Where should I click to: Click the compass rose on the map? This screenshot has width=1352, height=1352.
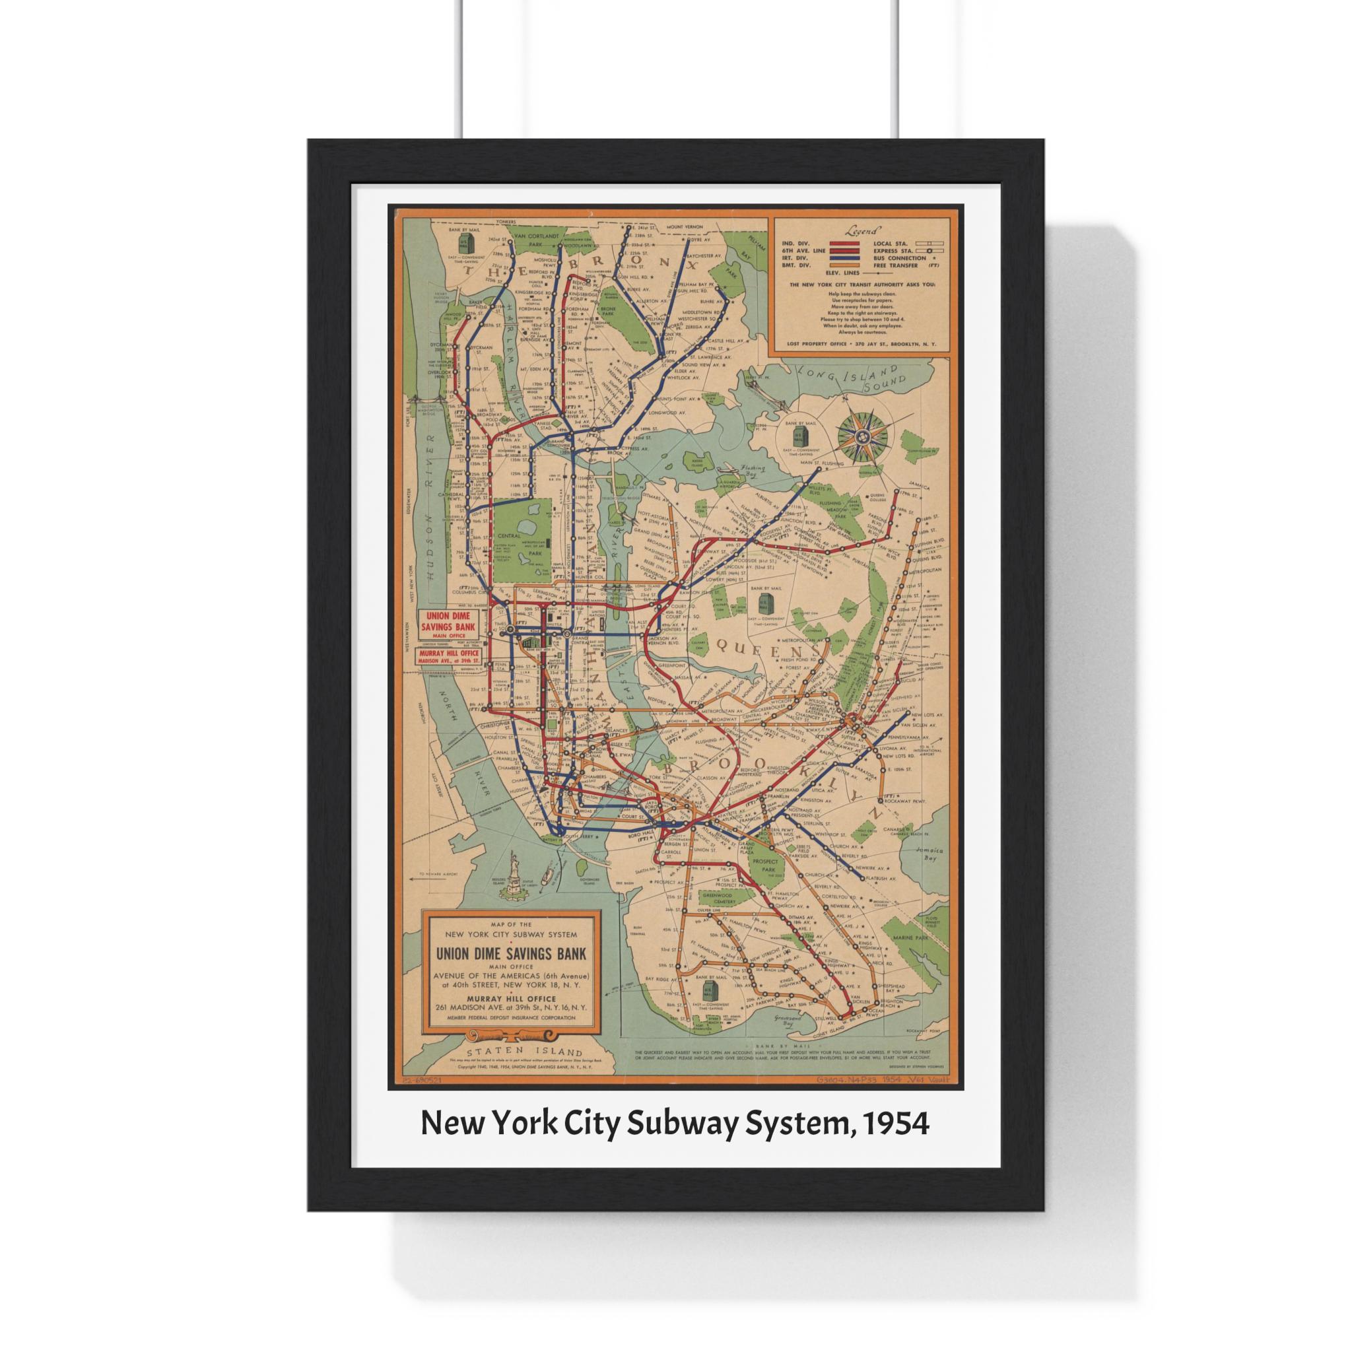[x=862, y=438]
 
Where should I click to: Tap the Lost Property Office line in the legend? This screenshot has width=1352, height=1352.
[x=862, y=343]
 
